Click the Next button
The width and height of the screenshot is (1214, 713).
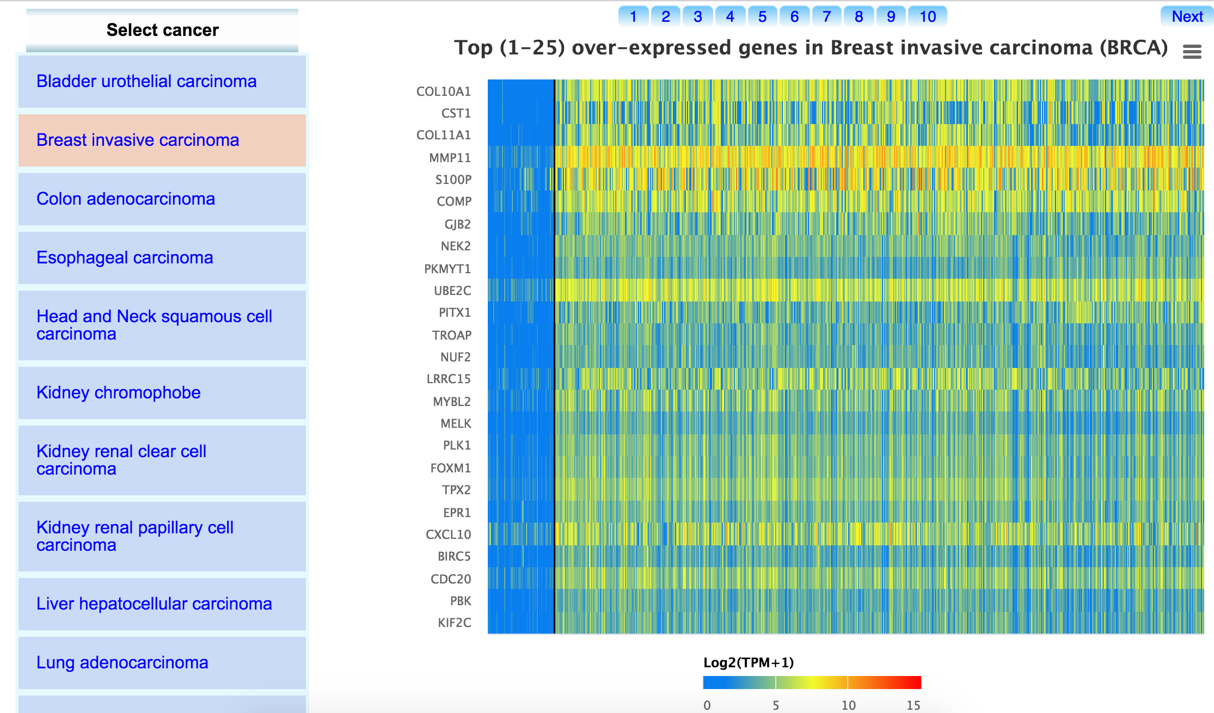coord(1187,17)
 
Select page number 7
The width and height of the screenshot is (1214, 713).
coord(826,17)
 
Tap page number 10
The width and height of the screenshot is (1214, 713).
coord(928,17)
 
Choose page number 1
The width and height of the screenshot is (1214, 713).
coord(633,17)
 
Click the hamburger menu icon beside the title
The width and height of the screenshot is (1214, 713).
coord(1192,52)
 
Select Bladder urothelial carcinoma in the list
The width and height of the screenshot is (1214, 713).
coord(146,82)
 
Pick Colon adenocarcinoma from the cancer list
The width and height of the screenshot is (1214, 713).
coord(125,199)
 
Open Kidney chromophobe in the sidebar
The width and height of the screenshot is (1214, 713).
coord(118,393)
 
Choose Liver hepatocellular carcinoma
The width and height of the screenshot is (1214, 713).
coord(154,604)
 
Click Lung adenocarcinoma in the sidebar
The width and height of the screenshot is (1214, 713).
coord(122,663)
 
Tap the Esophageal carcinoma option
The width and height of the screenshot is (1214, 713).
coord(124,258)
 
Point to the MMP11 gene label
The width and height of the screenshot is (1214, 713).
coord(450,158)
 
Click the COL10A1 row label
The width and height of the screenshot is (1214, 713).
coord(443,91)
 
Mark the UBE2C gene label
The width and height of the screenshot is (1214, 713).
coord(452,291)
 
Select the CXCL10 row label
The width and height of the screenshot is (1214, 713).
coord(448,534)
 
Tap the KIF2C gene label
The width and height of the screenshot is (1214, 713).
coord(454,623)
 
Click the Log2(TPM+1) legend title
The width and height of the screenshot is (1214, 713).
coord(749,662)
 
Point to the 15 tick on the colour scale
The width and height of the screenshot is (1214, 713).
coord(913,705)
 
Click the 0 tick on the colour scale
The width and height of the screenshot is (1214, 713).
coord(707,705)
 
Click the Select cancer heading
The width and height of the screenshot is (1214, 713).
coord(162,30)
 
